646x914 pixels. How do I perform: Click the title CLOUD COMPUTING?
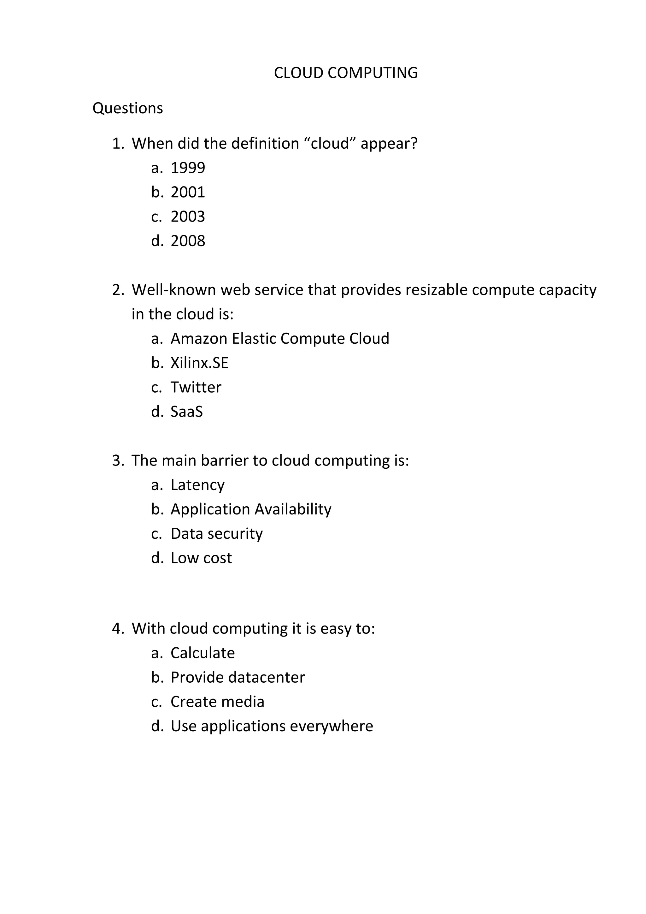pos(346,73)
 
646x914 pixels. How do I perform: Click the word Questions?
pos(128,108)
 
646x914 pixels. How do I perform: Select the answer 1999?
pos(188,168)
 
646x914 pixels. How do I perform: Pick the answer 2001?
pos(188,192)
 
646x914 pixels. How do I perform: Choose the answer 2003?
pos(188,217)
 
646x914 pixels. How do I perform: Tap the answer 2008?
pos(188,241)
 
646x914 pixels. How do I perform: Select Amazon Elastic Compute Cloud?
pos(280,338)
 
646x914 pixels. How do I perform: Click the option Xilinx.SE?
pos(199,363)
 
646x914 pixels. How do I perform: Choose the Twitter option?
pos(196,387)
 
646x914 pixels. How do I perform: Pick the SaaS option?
pos(186,412)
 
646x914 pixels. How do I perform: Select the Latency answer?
pos(197,485)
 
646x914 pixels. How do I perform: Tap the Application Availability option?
pos(250,509)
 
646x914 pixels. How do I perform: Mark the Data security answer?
pos(216,533)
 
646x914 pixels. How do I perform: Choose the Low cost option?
pos(201,558)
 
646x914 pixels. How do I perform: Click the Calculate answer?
pos(203,653)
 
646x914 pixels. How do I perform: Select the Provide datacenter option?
pos(238,677)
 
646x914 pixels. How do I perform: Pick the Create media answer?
pos(217,702)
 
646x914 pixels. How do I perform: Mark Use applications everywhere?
pos(272,726)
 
